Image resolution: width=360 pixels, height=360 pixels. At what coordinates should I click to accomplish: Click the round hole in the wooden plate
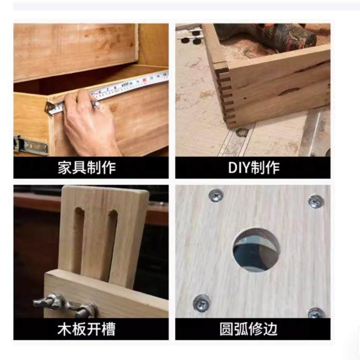256,250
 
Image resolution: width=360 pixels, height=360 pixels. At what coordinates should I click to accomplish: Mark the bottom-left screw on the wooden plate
202,302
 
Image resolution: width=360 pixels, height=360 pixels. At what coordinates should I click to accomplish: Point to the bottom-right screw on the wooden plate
315,313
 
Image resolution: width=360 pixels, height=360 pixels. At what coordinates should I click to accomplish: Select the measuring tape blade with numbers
132,86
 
